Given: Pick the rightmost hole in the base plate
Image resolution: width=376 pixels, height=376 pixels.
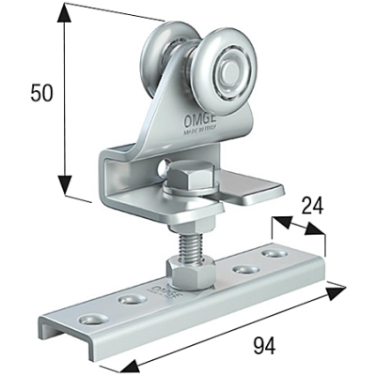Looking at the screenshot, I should [x=274, y=254].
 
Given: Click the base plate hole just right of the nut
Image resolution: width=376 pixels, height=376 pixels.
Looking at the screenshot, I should [x=242, y=270].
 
